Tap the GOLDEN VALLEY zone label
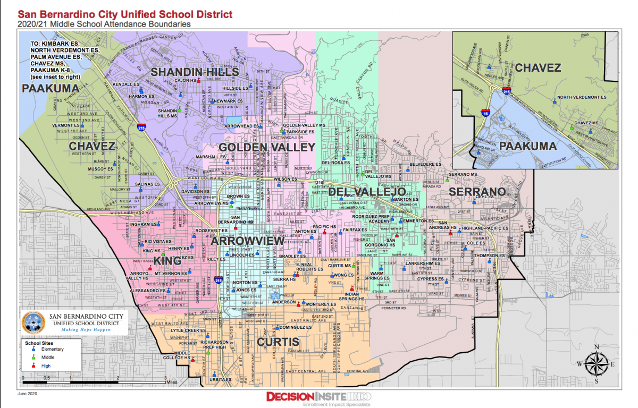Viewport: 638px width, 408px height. coord(267,147)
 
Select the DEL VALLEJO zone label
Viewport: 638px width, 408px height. coord(367,192)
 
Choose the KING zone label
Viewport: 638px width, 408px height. coord(167,260)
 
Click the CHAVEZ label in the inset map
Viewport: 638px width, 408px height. coord(538,67)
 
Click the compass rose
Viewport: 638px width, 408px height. coord(597,363)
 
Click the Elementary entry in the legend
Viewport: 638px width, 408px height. coord(48,349)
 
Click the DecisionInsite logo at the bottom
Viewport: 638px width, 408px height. coord(317,397)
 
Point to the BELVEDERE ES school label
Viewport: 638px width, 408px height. coord(428,165)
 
